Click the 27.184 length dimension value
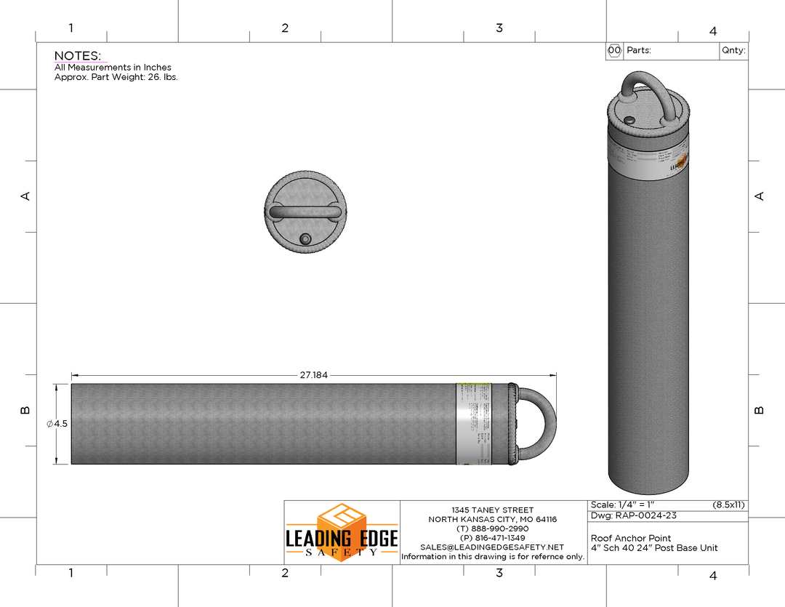point(314,375)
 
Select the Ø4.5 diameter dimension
point(57,424)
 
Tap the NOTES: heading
point(78,56)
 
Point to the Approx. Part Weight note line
point(116,77)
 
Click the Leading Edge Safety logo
point(342,531)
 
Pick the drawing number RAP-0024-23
point(634,516)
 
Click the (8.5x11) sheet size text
point(728,505)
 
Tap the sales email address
point(492,547)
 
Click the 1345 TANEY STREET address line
point(492,510)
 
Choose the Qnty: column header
point(733,51)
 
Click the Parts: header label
point(639,51)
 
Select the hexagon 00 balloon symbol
point(614,51)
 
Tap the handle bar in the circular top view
point(305,212)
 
